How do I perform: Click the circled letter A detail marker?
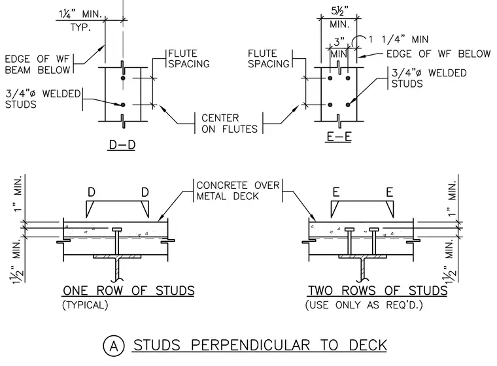coord(114,346)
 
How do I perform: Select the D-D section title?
coord(122,145)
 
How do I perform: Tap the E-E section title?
coord(339,137)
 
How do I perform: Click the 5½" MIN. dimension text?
coord(339,18)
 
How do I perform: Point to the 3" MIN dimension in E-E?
coord(339,48)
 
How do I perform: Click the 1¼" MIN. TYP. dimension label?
coord(80,20)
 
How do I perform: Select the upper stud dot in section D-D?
coord(123,78)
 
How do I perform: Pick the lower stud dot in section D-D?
coord(123,105)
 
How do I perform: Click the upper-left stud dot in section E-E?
coord(330,78)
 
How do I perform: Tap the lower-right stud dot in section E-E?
coord(348,105)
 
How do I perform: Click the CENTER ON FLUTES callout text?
coord(229,124)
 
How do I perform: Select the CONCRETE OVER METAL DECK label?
coord(238,190)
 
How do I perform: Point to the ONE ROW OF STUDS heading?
coord(129,291)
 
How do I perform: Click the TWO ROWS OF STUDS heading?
coord(378,291)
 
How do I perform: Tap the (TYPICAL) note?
coord(85,305)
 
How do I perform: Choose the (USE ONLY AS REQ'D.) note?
coord(364,305)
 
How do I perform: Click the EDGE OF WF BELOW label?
coord(438,54)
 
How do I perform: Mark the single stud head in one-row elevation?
coord(117,229)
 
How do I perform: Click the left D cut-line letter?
coord(92,192)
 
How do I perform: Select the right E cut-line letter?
coord(390,192)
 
